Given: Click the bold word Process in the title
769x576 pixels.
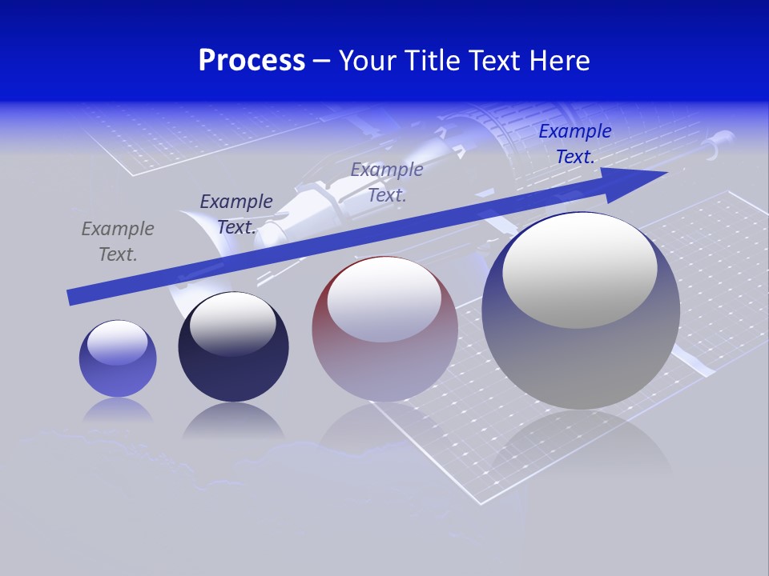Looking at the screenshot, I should [x=252, y=60].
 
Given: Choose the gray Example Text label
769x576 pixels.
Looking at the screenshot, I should [x=118, y=242].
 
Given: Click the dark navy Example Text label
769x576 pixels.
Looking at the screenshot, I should [x=236, y=214].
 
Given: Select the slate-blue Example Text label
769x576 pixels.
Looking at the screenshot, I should [x=387, y=182].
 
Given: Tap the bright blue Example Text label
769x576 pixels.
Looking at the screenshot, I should [x=574, y=144].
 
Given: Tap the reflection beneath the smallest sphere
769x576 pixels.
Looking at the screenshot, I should [x=118, y=410].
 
